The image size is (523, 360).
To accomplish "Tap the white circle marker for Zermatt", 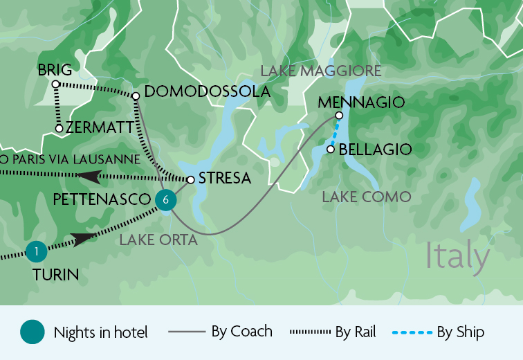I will point(59,128).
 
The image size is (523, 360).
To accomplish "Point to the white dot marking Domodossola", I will point(136,96).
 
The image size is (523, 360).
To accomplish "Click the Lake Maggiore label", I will point(321,71).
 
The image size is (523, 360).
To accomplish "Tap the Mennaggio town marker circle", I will point(339,116).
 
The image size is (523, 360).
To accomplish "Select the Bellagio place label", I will point(375,149).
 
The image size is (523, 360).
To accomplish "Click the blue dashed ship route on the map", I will point(335,132).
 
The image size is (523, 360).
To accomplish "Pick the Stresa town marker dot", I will point(190,179).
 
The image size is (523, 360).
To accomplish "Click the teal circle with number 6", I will point(165,200).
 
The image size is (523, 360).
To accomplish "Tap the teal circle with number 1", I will point(35,251).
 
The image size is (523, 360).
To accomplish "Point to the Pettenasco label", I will point(101,199).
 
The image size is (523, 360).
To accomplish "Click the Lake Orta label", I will point(158,240).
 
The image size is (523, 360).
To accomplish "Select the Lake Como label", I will point(367,197).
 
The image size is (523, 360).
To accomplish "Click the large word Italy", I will point(457,255).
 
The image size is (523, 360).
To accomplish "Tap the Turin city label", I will point(55,275).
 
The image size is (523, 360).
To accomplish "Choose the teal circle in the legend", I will point(33,332).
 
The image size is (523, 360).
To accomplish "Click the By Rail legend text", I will point(355,332).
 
